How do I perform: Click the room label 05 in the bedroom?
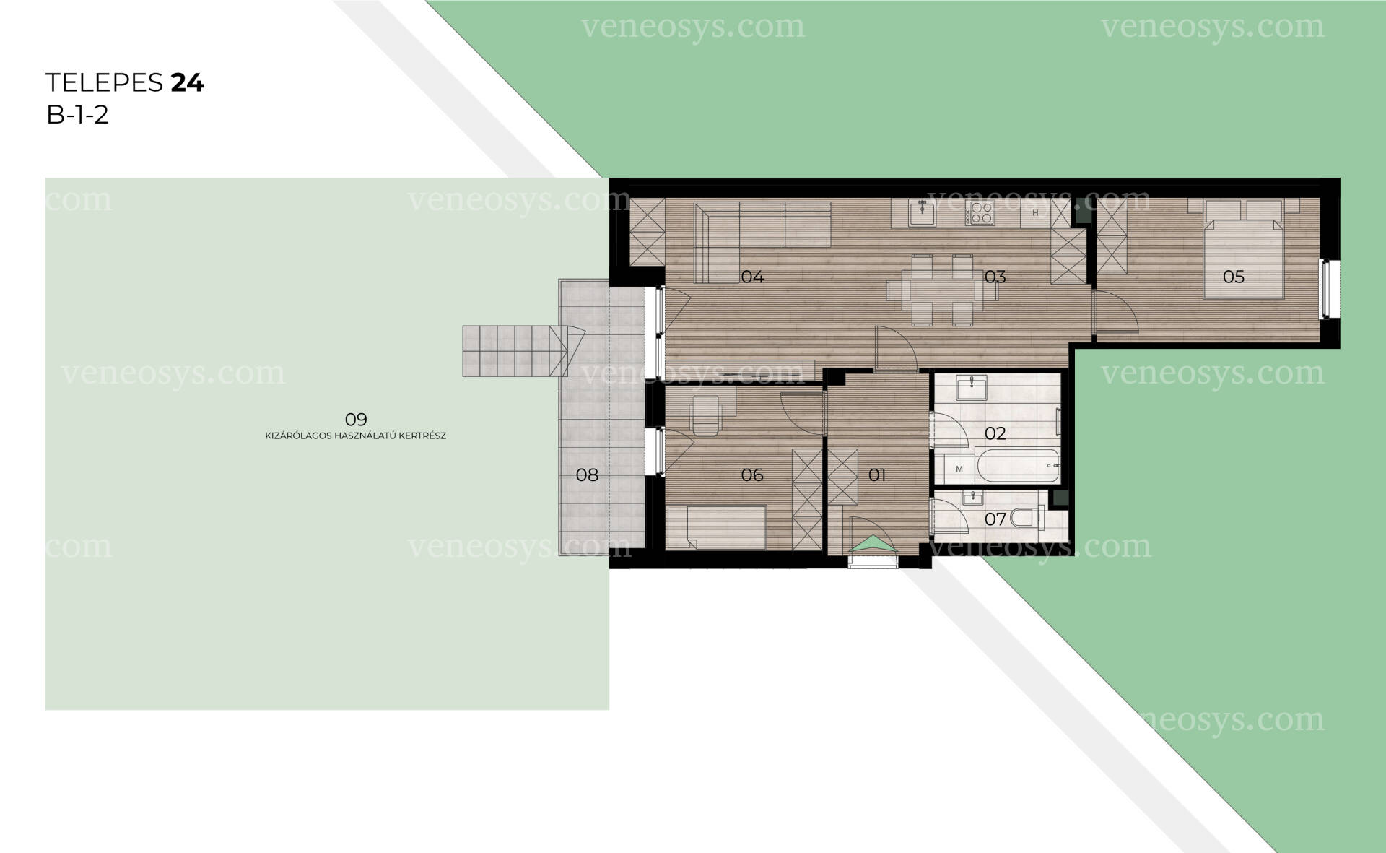click(1233, 277)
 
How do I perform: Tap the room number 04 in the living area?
click(752, 277)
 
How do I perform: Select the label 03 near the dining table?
click(995, 277)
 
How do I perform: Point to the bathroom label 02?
click(995, 433)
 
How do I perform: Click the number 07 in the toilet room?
click(995, 519)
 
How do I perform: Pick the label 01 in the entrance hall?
click(877, 475)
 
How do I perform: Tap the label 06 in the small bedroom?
click(752, 475)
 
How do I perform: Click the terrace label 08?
click(587, 475)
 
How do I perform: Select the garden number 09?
click(356, 419)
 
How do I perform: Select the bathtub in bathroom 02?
click(1017, 466)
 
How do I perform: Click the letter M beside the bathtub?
click(959, 469)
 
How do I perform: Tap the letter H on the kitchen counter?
click(1035, 213)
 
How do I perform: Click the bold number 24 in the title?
click(188, 83)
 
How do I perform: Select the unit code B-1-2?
click(77, 115)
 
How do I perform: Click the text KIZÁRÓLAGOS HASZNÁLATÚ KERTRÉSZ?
click(356, 436)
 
